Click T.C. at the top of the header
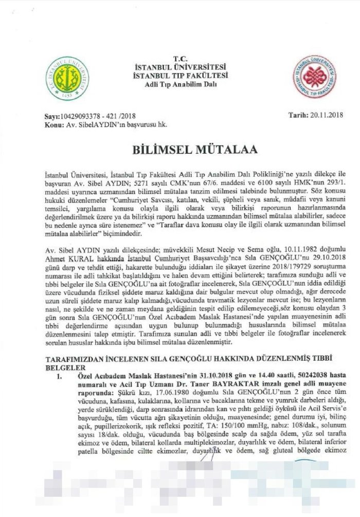coord(179,59)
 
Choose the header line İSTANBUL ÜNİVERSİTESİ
coord(179,67)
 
